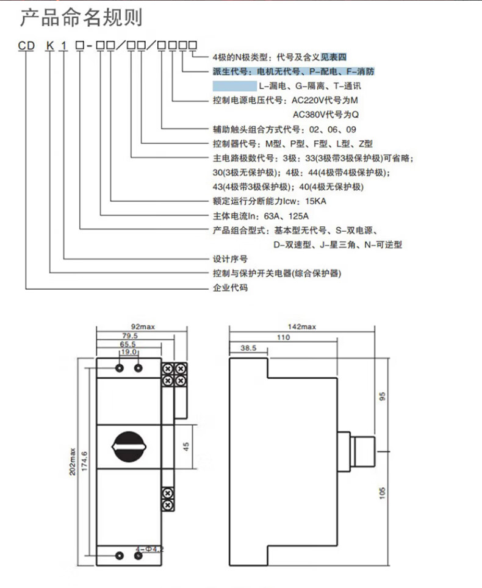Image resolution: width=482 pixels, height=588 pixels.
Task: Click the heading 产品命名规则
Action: (x=81, y=18)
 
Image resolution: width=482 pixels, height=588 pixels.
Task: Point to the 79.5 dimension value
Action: (x=129, y=336)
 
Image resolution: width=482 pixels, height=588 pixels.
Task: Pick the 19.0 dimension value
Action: (x=128, y=353)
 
